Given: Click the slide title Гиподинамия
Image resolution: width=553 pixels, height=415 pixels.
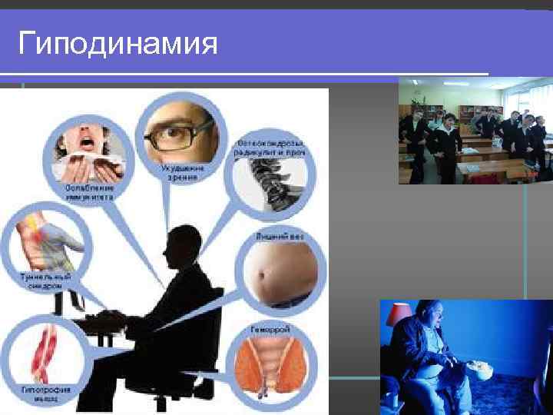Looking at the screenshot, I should pos(118,44).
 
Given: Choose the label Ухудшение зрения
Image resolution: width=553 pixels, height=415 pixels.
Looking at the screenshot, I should pos(179,172).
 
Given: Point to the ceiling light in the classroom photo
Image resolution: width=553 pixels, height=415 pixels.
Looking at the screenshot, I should pos(456,83).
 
